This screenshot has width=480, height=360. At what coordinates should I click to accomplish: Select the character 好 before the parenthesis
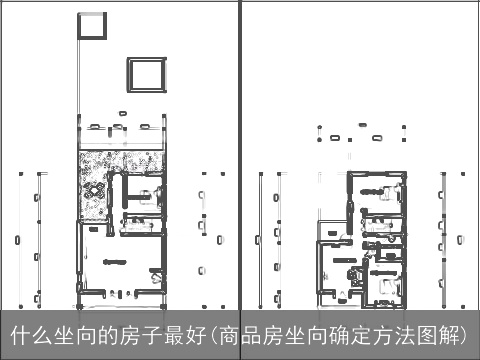196,334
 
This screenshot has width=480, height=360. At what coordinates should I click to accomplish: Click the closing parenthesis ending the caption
471,334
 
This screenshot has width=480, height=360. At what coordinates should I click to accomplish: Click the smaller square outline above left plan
91,27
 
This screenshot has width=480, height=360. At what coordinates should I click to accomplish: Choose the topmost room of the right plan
376,189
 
